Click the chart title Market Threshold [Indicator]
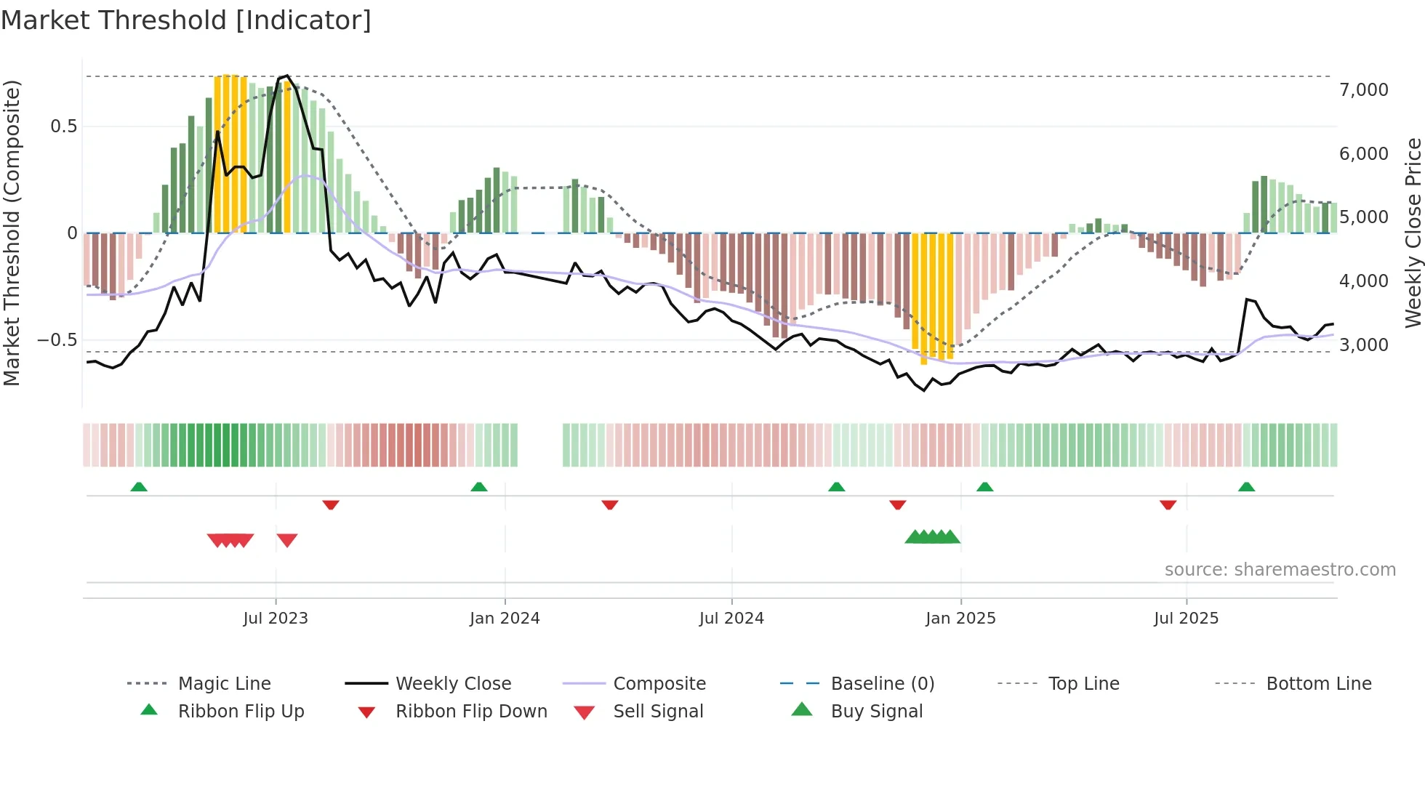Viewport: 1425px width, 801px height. pos(186,20)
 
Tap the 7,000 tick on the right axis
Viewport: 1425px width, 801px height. pos(1363,90)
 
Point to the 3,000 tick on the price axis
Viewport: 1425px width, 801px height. pos(1363,345)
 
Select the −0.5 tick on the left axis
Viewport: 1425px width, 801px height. pos(57,340)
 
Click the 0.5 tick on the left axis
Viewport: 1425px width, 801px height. pos(63,126)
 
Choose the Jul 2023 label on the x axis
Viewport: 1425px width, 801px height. pos(276,619)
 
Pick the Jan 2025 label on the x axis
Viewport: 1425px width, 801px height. pos(960,619)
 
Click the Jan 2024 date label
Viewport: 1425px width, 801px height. pos(505,619)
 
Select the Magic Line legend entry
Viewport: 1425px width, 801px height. pos(224,684)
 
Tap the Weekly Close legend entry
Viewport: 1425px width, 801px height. pos(453,684)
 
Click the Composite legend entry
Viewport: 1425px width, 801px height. pos(659,684)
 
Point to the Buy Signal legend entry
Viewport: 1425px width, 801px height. pos(876,712)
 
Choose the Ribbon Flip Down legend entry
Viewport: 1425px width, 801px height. pos(471,712)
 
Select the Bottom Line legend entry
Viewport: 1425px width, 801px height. pos(1318,684)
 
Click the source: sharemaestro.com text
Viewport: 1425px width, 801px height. pos(1280,570)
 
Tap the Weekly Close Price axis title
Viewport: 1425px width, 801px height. pos(1413,233)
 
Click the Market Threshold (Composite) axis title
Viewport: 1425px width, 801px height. pos(12,233)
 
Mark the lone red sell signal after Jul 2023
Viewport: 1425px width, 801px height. pos(287,540)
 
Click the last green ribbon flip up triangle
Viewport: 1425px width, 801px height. pos(1246,487)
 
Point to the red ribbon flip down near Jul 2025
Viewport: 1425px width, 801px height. pos(1168,504)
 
